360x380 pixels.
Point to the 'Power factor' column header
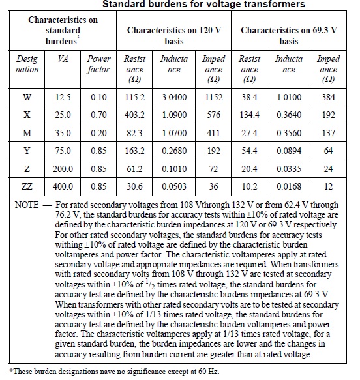pos(98,64)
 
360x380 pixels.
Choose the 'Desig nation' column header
pos(27,64)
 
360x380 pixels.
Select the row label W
pos(27,98)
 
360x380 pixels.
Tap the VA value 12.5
pos(64,98)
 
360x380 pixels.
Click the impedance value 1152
pos(213,98)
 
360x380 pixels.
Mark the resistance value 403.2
pos(135,115)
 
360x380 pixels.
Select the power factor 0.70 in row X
pos(98,115)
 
